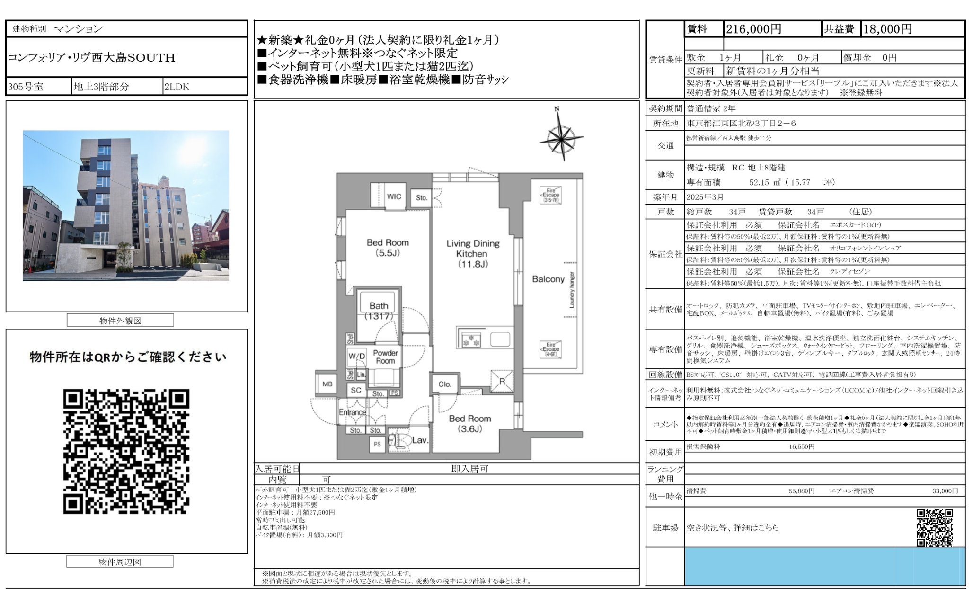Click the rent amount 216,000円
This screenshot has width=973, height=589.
753,29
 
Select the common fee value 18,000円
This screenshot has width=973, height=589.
887,29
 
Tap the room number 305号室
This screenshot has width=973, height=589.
26,87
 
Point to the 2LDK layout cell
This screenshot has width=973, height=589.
177,87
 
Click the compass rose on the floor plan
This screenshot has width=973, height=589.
561,137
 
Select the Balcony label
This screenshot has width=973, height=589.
548,279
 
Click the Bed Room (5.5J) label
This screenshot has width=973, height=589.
388,248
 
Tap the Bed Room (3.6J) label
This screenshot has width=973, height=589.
469,424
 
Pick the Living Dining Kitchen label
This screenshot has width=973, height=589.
473,253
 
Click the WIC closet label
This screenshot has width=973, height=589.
394,196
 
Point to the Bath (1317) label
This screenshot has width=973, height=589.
379,311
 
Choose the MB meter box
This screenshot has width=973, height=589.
327,384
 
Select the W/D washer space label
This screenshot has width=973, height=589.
357,356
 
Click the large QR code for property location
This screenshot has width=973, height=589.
126,451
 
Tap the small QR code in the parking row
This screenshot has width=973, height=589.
934,527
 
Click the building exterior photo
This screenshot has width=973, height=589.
126,205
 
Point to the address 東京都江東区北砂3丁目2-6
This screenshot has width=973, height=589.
741,124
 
